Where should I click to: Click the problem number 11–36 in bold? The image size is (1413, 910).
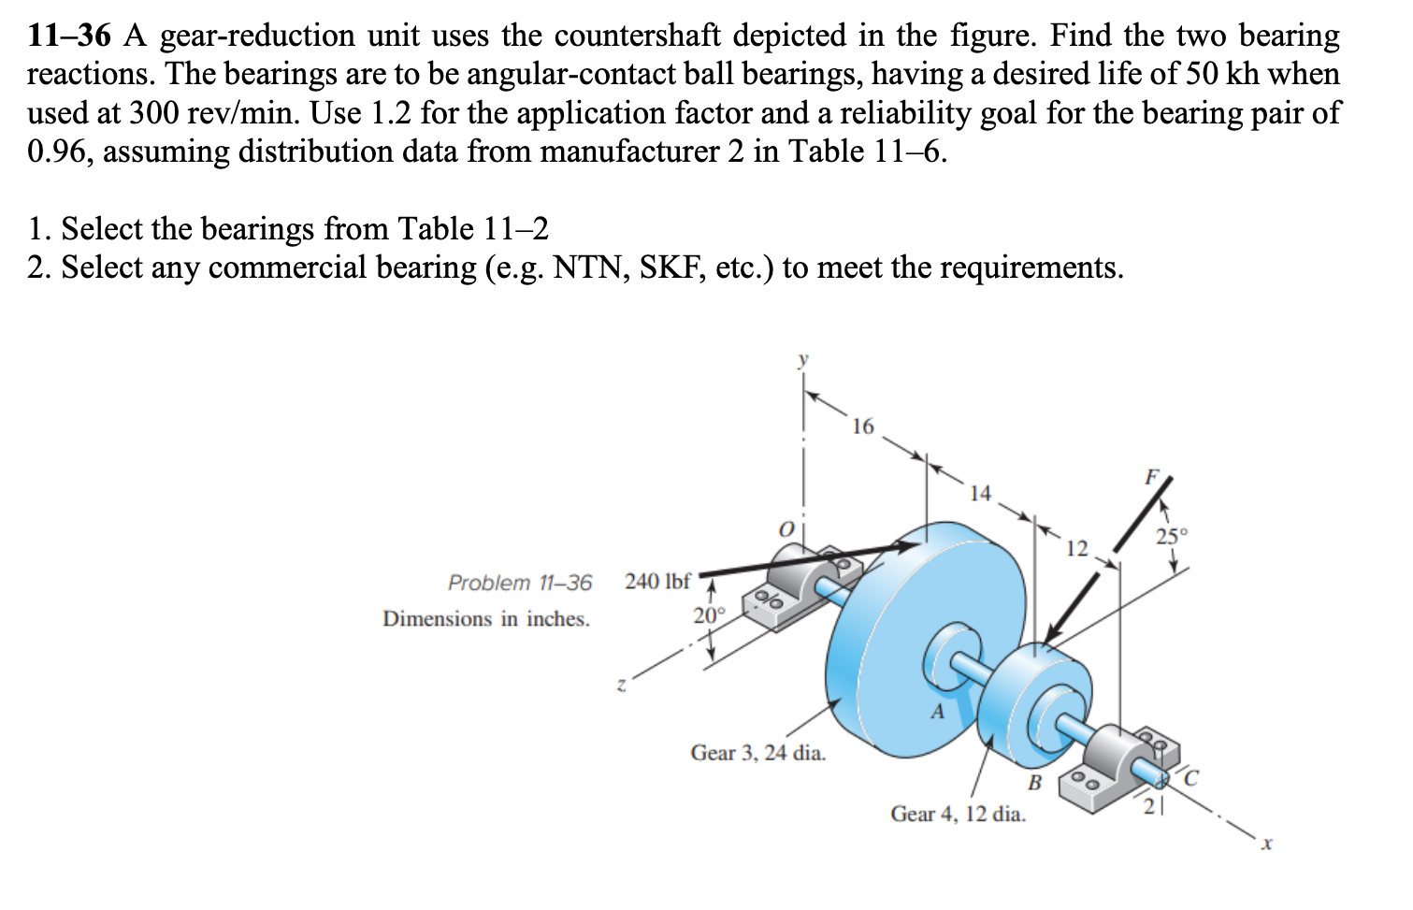69,36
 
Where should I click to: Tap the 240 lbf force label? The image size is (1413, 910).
657,581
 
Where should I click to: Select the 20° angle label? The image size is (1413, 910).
709,615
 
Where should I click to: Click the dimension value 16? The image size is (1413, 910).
862,426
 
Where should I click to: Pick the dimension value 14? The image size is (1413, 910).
979,493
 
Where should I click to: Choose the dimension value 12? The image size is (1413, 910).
1077,548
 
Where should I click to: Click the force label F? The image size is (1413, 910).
1151,476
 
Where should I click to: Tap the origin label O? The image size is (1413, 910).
786,530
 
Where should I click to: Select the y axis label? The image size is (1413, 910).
802,358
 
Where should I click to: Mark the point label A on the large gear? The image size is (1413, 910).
937,713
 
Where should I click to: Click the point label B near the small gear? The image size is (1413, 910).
1035,782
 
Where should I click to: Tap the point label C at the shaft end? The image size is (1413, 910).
1190,775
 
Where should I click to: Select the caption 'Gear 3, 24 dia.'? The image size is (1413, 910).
758,753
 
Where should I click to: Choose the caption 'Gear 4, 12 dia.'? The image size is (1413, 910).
958,814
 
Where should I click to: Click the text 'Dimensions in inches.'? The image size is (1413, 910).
486,618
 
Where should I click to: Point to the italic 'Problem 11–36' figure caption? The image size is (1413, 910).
520,583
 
